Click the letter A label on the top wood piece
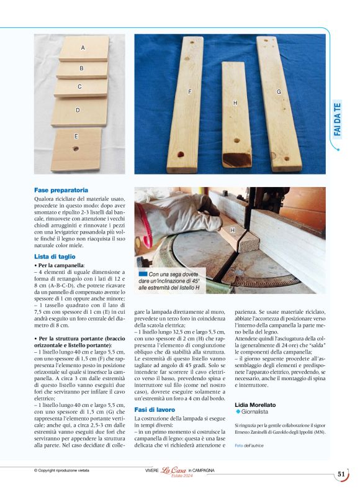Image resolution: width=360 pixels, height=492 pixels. coord(83,48)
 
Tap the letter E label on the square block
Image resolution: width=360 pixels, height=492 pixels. coord(76,136)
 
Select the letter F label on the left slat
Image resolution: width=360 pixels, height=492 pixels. coord(189,92)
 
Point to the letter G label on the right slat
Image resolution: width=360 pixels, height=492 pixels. coord(279,92)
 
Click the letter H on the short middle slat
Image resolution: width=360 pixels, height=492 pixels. coord(235,102)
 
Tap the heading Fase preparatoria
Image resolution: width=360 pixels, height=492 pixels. coord(61,189)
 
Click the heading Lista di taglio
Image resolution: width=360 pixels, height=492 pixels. coord(55,256)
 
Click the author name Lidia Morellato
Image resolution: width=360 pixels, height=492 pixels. coord(255,404)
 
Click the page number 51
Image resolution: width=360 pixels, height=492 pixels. coord(341,474)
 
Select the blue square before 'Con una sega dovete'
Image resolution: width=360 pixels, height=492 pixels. coord(143,273)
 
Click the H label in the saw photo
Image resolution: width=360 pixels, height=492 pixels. coord(233,230)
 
